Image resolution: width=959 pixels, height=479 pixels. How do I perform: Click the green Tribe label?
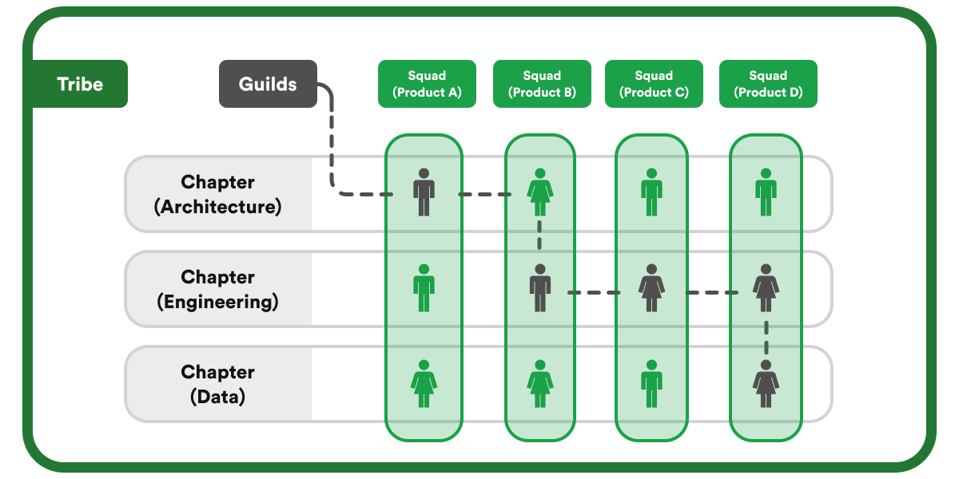[x=80, y=84]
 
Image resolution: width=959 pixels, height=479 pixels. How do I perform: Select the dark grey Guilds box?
[x=268, y=84]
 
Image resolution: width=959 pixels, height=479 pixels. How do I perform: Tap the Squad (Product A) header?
[x=427, y=84]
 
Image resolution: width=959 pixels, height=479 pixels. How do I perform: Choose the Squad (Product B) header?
[x=542, y=84]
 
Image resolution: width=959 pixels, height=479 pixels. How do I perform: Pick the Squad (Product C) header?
[x=654, y=84]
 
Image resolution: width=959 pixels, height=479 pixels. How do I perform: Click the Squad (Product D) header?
[x=768, y=84]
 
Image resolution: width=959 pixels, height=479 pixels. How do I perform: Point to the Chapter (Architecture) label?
[x=217, y=194]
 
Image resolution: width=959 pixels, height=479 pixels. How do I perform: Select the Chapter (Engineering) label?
[x=217, y=289]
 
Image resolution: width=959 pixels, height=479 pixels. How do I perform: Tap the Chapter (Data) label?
[x=217, y=384]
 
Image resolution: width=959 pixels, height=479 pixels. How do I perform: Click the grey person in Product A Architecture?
[x=424, y=192]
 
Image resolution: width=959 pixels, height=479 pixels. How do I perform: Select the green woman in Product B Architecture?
[x=539, y=192]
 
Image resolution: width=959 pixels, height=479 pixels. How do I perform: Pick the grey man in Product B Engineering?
[x=540, y=288]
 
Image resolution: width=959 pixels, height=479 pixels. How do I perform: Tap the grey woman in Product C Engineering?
[x=651, y=288]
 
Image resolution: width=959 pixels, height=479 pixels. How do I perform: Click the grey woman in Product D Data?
[x=766, y=384]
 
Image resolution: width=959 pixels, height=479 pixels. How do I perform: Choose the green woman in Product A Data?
[x=424, y=384]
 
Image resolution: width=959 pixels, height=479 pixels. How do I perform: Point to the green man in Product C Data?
[x=651, y=384]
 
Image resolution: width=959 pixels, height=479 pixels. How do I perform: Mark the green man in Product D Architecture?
[x=766, y=192]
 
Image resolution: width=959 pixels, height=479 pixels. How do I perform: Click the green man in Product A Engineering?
[x=424, y=288]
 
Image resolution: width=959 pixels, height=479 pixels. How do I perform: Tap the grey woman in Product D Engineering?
[x=766, y=288]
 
